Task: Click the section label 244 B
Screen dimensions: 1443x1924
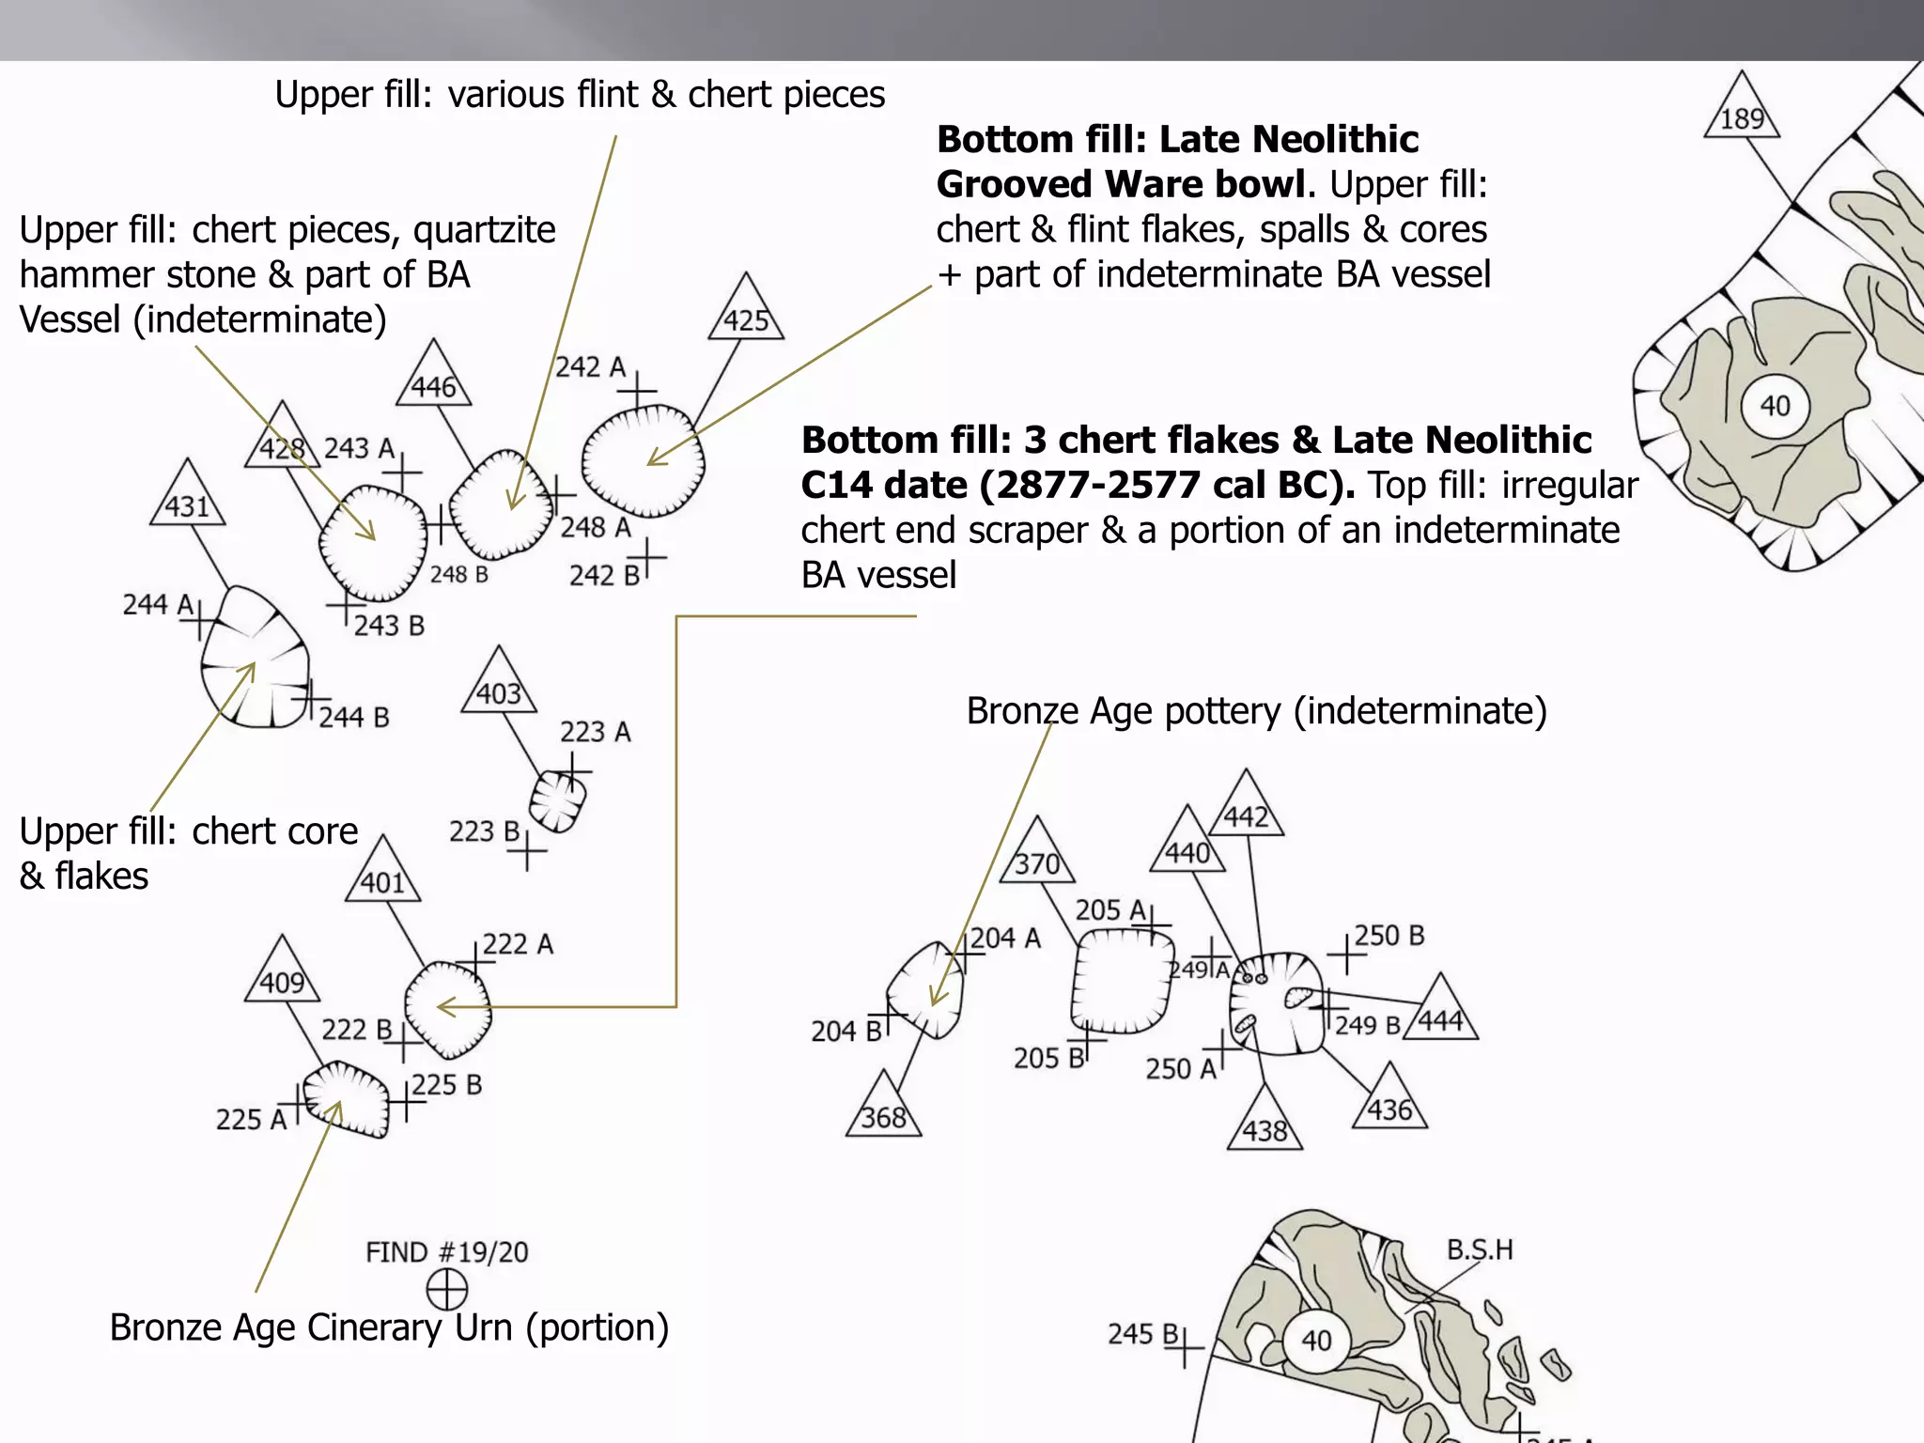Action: tap(353, 718)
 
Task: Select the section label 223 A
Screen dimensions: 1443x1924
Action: tap(596, 732)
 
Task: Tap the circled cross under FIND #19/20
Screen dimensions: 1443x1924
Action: tap(447, 1289)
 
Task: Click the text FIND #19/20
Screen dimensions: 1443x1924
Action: tap(447, 1252)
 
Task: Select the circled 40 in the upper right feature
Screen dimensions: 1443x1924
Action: tap(1775, 406)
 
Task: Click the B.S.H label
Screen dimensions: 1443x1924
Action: tap(1480, 1249)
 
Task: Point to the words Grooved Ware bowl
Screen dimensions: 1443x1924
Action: tap(1120, 184)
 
